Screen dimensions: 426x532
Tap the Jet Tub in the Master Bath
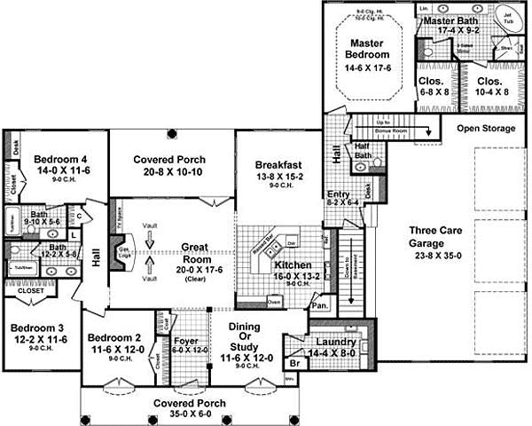(508, 18)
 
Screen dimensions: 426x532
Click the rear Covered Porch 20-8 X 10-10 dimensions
(169, 173)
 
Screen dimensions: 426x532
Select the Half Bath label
(362, 151)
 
